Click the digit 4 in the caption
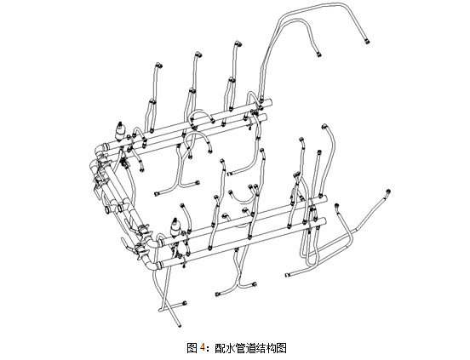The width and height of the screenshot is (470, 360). tap(203, 347)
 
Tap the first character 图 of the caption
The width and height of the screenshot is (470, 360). tap(192, 348)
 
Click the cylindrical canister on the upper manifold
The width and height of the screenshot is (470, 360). tap(121, 131)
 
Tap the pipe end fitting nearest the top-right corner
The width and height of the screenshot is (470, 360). tap(367, 41)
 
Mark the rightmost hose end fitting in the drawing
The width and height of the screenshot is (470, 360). tap(388, 191)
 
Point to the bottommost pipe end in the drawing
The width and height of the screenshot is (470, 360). tap(180, 326)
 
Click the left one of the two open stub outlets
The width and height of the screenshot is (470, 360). tap(107, 209)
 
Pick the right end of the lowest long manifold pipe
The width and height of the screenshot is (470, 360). tap(324, 221)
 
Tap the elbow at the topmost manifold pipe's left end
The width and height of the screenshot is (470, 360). tap(100, 149)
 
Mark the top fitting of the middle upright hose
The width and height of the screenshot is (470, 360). tap(198, 54)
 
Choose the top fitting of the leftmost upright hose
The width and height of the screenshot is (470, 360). tap(158, 65)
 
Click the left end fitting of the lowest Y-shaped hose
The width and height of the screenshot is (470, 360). tap(217, 294)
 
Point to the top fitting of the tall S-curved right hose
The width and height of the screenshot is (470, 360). tap(324, 127)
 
